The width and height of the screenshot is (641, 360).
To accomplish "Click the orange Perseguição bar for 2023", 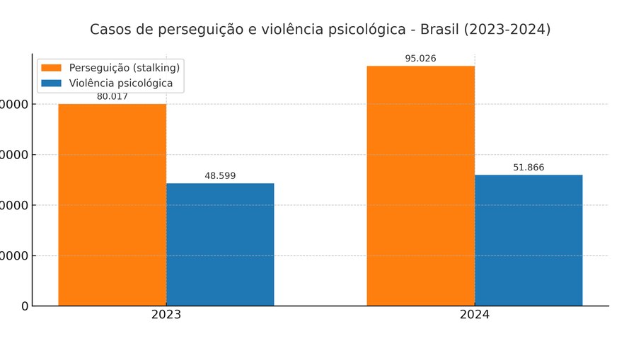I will coord(112,205).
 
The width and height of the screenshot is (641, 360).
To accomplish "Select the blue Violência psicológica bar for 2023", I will coord(220,245).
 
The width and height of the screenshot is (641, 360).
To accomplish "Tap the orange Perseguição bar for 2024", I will coord(420,185).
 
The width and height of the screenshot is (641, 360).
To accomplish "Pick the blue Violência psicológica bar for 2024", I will coord(529,240).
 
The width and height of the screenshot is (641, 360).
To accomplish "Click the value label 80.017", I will coord(112,97).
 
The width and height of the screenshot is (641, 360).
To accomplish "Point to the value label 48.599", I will coord(220,176).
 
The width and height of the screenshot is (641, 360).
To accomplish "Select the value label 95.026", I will coord(420,59).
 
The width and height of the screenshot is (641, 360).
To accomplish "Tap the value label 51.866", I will coord(529,168).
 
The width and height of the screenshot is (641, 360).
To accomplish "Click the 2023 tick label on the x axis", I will coord(166,315).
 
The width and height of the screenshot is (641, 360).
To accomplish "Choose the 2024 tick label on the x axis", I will coord(474,315).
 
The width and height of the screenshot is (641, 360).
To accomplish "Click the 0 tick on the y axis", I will coord(25,306).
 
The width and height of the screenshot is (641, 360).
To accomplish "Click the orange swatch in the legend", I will coord(52,68).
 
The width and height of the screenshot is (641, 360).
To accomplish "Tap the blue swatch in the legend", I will coord(52,83).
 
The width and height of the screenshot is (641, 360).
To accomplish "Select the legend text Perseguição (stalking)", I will coord(124,68).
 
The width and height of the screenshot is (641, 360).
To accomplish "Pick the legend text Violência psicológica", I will coord(120,83).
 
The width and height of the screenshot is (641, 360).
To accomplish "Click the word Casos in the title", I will coord(109,30).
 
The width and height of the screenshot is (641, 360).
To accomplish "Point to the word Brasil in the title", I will coord(440,30).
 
